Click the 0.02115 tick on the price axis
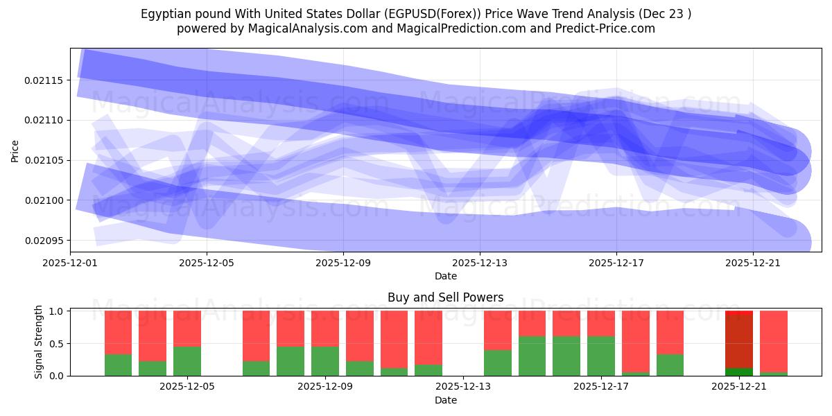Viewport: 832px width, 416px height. [43, 80]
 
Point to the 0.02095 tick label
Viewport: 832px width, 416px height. [43, 241]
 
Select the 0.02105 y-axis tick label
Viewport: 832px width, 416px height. [43, 161]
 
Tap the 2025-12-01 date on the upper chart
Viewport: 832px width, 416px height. [70, 263]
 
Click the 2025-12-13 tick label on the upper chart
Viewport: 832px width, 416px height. [480, 263]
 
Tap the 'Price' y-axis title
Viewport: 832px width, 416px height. [15, 150]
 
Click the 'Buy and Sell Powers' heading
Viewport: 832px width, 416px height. [445, 297]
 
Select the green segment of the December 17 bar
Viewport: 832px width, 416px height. [600, 356]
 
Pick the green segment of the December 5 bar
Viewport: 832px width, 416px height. [187, 361]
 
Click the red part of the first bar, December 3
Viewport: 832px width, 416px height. [119, 332]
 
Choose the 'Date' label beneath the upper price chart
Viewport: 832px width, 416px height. [445, 276]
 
